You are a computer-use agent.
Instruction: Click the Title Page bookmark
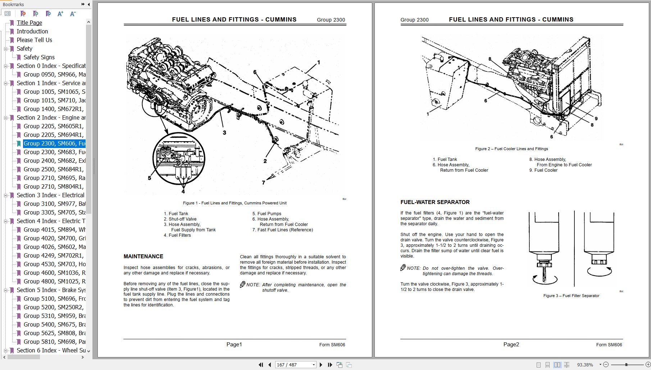[x=29, y=23]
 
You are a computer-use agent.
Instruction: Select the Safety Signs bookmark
[x=39, y=57]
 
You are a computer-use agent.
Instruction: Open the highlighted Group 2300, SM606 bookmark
[x=54, y=143]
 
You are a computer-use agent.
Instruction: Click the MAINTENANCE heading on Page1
[x=143, y=256]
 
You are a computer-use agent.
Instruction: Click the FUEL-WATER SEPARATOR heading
[x=435, y=202]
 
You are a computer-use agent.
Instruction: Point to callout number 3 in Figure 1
[x=224, y=133]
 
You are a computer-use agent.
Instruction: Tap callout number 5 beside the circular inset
[x=150, y=178]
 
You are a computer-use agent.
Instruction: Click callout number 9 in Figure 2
[x=596, y=119]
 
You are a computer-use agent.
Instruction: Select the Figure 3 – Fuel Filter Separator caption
[x=571, y=296]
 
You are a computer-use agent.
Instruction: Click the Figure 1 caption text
[x=235, y=203]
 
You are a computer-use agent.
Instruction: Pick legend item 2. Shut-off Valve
[x=180, y=219]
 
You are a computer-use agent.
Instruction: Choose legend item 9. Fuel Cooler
[x=543, y=170]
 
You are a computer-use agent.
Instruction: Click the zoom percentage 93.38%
[x=585, y=365]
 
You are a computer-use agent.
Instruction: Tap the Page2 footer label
[x=511, y=344]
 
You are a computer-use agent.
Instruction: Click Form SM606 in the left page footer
[x=332, y=345]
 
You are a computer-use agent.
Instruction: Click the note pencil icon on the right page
[x=403, y=268]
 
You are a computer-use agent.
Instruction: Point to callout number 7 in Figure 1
[x=263, y=183]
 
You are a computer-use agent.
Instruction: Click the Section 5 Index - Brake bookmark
[x=51, y=290]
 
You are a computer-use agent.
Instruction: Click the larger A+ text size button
[x=60, y=14]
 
